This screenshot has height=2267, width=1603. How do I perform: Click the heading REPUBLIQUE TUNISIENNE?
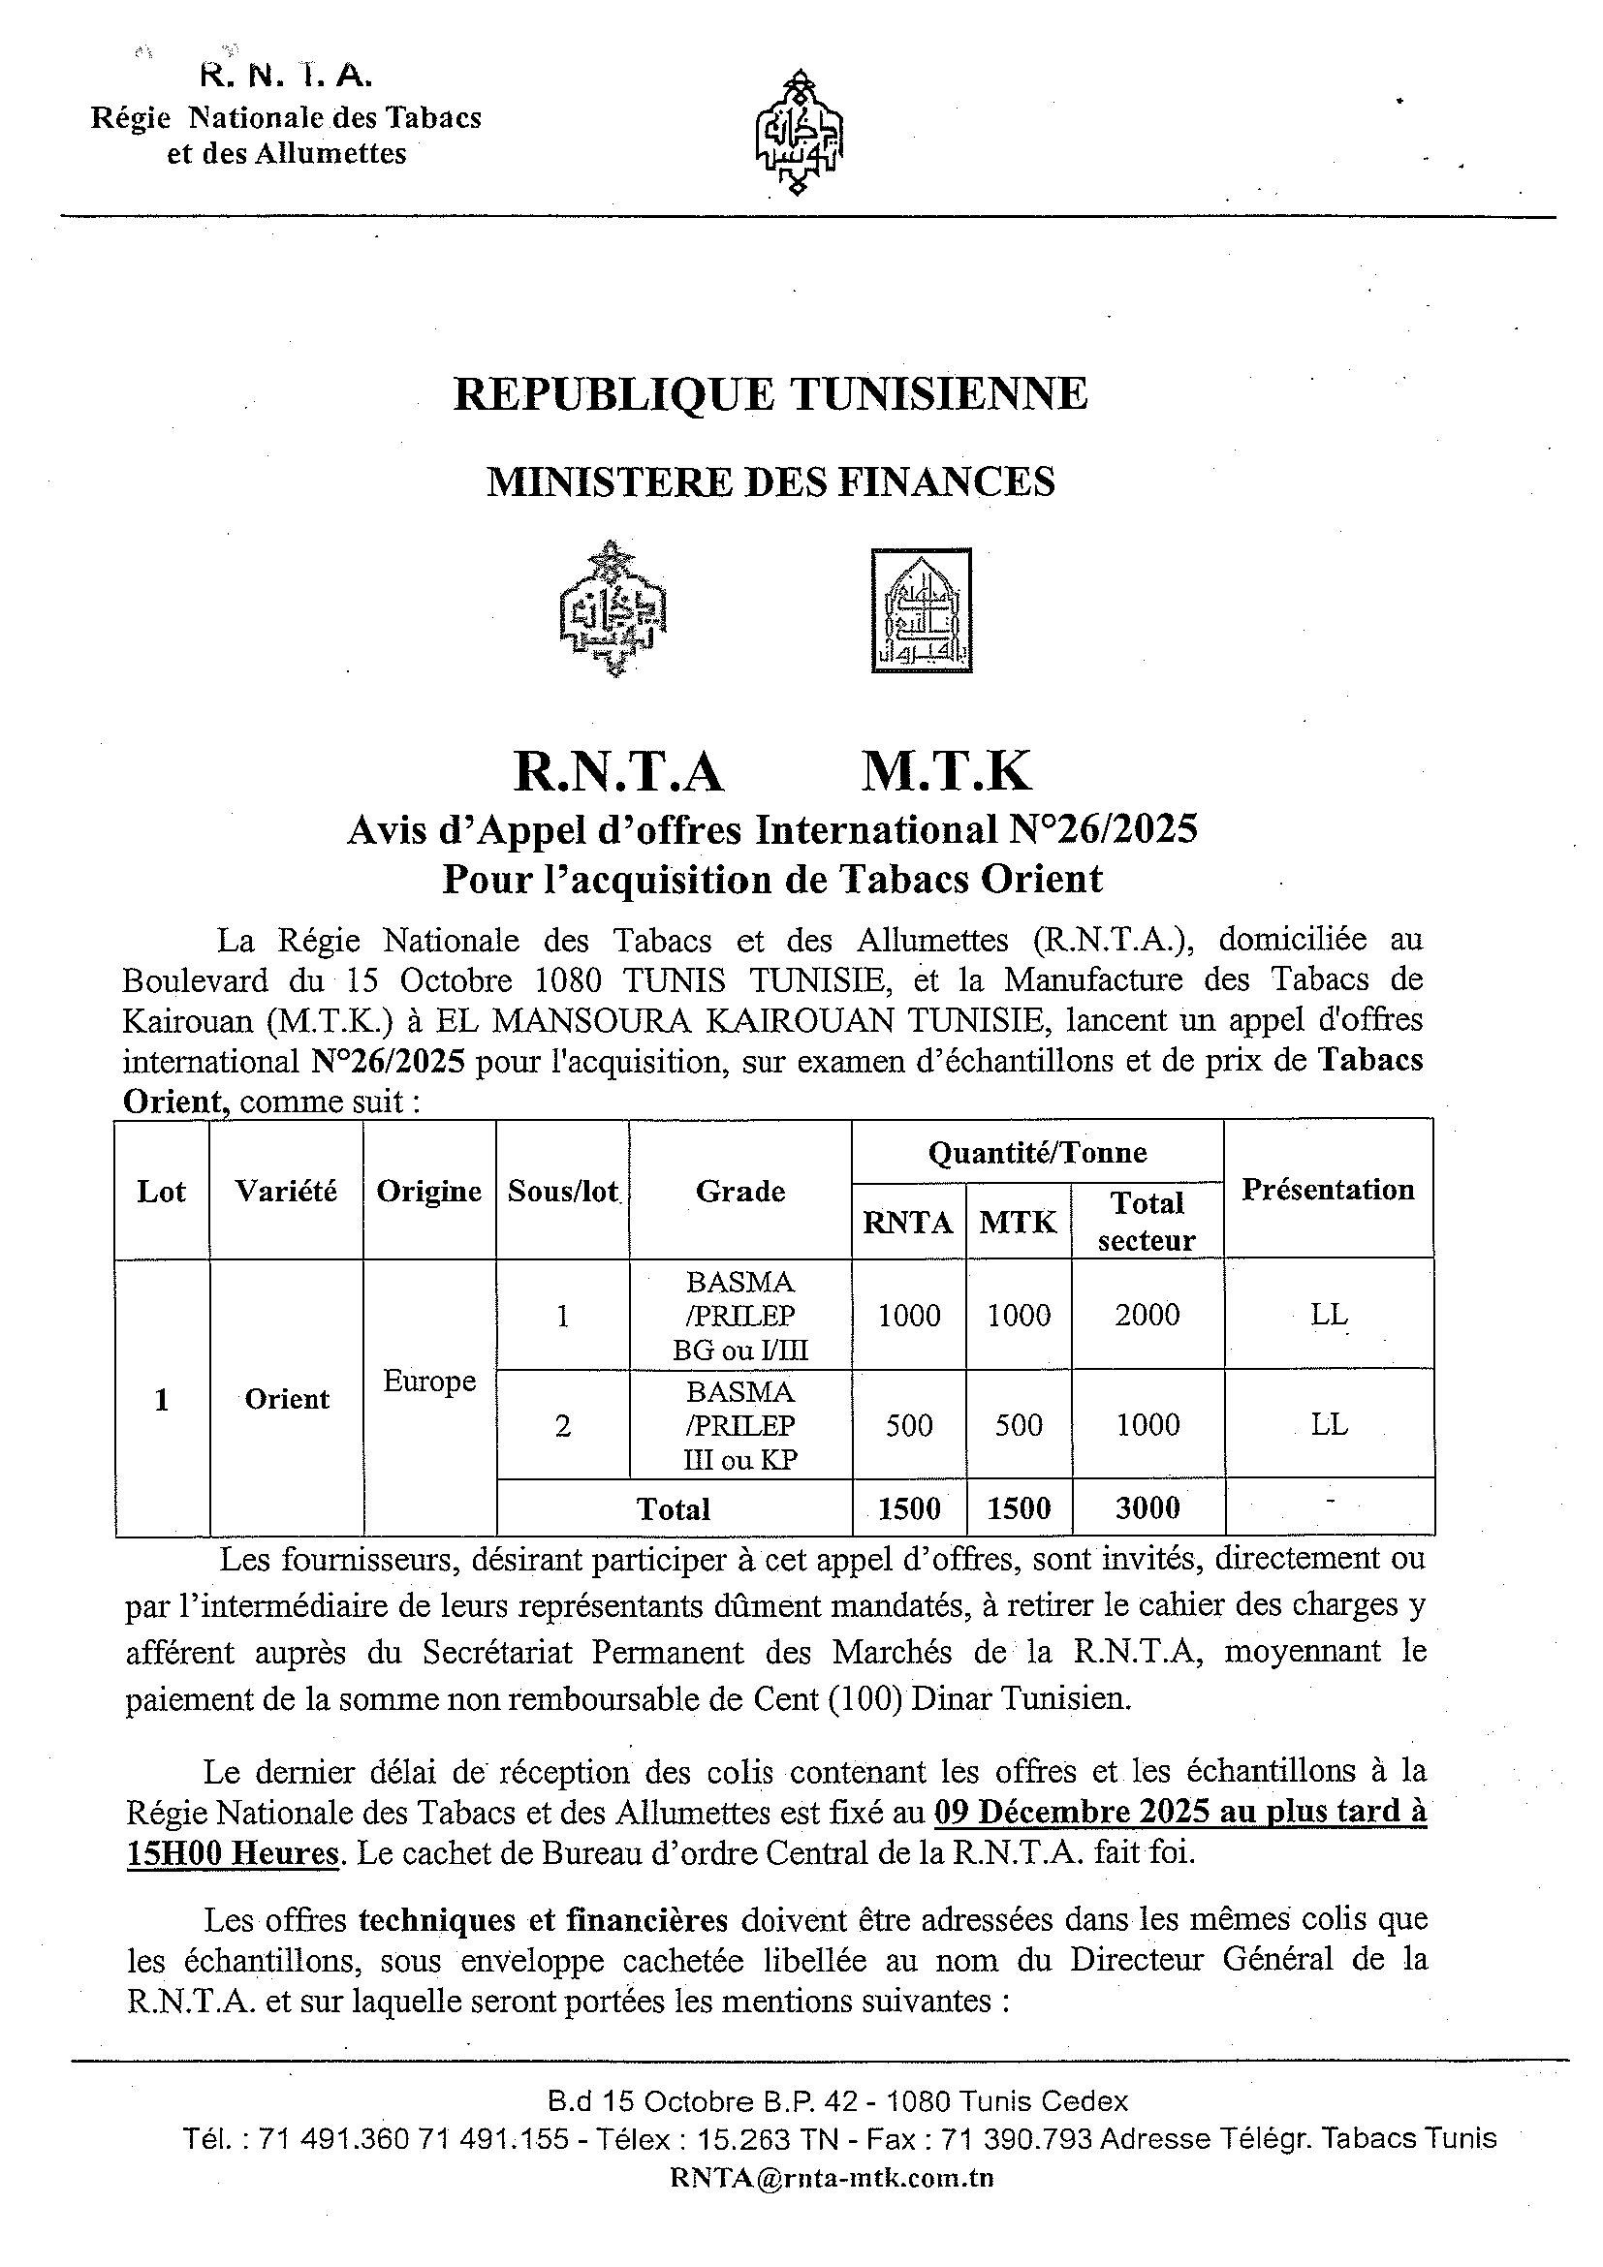point(770,394)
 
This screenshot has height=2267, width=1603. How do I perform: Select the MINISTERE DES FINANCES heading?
point(770,481)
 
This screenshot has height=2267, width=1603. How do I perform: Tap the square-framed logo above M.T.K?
point(922,611)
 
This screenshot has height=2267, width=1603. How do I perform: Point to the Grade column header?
point(739,1191)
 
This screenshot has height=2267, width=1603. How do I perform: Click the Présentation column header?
point(1328,1189)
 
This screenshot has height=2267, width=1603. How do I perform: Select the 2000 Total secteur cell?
point(1147,1316)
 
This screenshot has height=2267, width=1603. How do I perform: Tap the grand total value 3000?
point(1147,1507)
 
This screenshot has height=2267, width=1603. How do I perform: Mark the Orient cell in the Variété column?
point(287,1399)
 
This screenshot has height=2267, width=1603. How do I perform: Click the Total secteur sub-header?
point(1147,1222)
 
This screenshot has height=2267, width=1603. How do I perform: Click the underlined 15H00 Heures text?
point(234,1853)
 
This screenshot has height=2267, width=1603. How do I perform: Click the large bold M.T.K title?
point(945,771)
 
